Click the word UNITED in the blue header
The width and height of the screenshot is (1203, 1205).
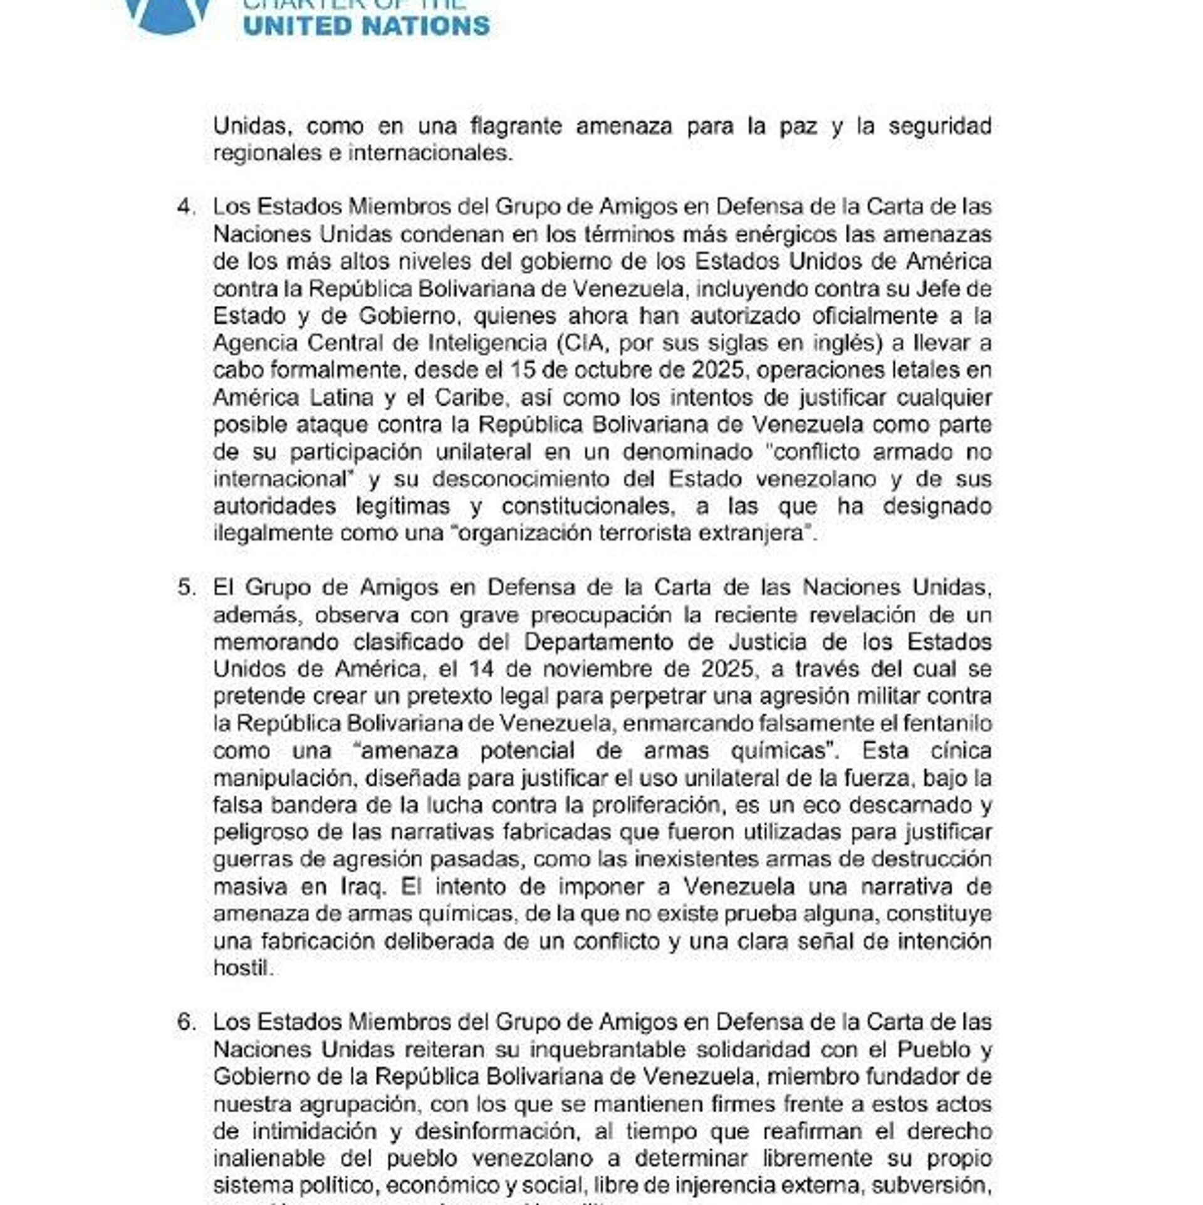pos(298,26)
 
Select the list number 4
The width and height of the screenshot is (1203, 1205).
pos(186,207)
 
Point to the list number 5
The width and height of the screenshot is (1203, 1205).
pos(186,588)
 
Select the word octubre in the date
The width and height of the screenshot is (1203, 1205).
pos(586,370)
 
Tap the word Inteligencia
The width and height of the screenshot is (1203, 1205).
pos(487,343)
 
